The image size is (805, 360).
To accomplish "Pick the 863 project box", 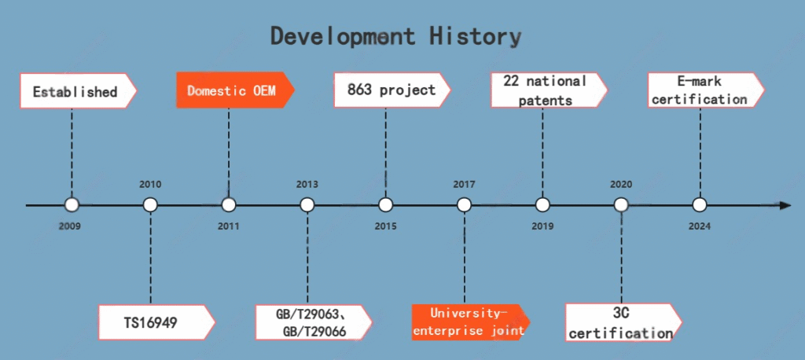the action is pyautogui.click(x=392, y=90).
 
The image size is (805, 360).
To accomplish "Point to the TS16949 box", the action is pyautogui.click(x=156, y=322).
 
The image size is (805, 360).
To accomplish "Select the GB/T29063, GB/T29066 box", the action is pyautogui.click(x=314, y=322).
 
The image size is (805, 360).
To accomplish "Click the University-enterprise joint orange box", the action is pyautogui.click(x=471, y=322).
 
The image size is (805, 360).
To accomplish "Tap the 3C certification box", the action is pyautogui.click(x=623, y=322).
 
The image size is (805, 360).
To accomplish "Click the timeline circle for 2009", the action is pyautogui.click(x=72, y=205).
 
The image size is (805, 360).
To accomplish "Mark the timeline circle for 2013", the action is pyautogui.click(x=307, y=205).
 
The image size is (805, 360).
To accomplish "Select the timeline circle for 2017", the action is pyautogui.click(x=464, y=205).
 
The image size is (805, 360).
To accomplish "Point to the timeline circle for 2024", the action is pyautogui.click(x=699, y=205).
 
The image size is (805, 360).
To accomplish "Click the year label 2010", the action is pyautogui.click(x=150, y=185).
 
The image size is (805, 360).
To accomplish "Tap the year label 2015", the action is pyautogui.click(x=385, y=226).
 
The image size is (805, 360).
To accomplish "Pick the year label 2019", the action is pyautogui.click(x=542, y=226).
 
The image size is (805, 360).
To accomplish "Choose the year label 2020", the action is pyautogui.click(x=621, y=185).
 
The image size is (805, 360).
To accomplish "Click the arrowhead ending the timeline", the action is pyautogui.click(x=785, y=205).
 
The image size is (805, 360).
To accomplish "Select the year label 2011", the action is pyautogui.click(x=229, y=226).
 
